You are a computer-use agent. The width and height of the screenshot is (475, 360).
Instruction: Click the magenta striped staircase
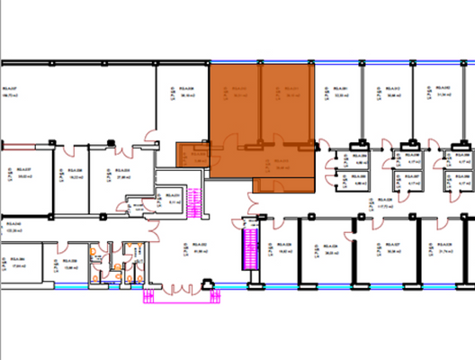click(x=247, y=248)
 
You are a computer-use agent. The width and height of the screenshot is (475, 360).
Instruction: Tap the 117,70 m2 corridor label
click(x=381, y=203)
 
